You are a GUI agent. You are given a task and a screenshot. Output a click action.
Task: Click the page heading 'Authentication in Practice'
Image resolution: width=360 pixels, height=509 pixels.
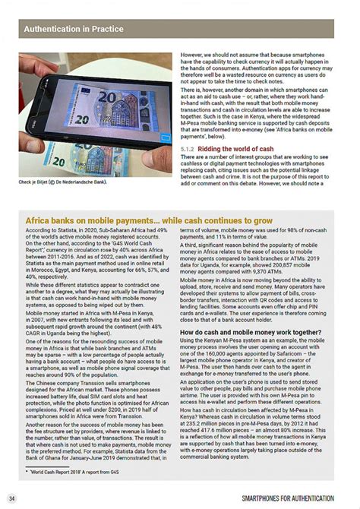pos(74,30)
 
